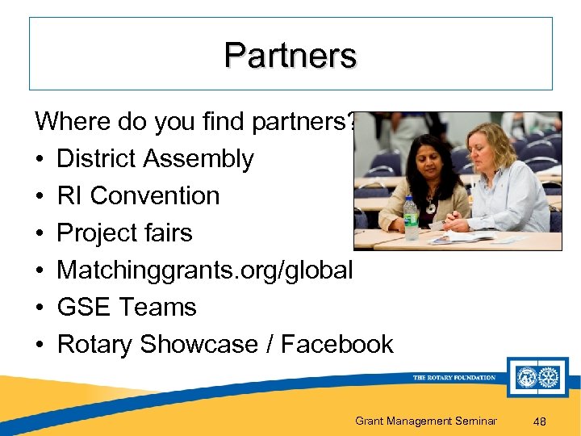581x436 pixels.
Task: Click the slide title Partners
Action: [x=290, y=55]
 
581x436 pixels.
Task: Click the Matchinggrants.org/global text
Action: [x=205, y=270]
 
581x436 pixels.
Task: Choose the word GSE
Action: [x=82, y=308]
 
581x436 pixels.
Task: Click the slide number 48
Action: [x=541, y=421]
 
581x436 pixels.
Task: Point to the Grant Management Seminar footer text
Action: [x=425, y=421]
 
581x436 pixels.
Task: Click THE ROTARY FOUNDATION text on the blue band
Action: [x=454, y=378]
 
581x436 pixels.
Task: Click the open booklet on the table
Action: [x=460, y=237]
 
